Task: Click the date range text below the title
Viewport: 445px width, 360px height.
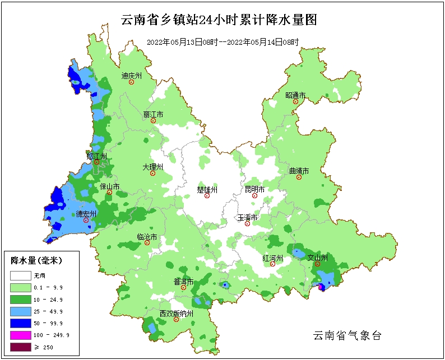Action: (x=222, y=42)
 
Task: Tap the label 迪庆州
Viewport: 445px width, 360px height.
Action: (x=132, y=75)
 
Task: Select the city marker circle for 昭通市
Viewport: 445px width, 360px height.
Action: (x=295, y=102)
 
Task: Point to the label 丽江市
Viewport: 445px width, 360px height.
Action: (x=153, y=114)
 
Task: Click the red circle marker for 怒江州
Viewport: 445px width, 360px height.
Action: (x=96, y=162)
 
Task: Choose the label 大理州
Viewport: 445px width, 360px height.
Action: (x=152, y=167)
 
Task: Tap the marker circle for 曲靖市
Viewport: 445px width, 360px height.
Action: (x=299, y=177)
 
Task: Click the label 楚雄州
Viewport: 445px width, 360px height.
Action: (x=207, y=190)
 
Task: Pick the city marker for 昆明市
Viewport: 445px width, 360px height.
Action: (x=254, y=196)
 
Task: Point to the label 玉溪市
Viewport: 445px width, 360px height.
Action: (x=247, y=217)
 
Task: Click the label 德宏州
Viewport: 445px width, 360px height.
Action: (x=86, y=214)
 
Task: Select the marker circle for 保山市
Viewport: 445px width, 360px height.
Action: (x=110, y=193)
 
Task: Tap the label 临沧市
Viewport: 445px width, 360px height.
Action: (x=147, y=237)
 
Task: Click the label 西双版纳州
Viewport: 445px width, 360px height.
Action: (x=176, y=314)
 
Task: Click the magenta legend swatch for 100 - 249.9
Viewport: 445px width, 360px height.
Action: (x=21, y=335)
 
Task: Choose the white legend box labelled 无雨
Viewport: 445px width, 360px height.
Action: (x=21, y=275)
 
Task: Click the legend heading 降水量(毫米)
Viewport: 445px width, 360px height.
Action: (x=36, y=260)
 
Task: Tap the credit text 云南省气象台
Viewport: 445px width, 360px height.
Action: (x=347, y=335)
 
